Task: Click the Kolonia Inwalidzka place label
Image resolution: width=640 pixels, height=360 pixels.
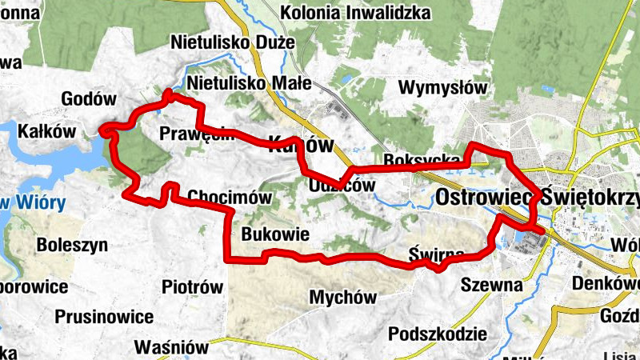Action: pyautogui.click(x=356, y=14)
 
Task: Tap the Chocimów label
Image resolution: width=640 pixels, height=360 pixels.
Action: pyautogui.click(x=230, y=197)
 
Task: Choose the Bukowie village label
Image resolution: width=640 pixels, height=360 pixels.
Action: pyautogui.click(x=276, y=234)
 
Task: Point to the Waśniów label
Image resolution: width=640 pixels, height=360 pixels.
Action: pyautogui.click(x=171, y=347)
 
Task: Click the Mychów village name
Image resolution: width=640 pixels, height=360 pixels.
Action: pyautogui.click(x=342, y=298)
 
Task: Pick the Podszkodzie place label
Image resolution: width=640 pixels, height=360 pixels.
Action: pyautogui.click(x=437, y=334)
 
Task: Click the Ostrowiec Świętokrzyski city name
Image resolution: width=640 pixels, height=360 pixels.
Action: pyautogui.click(x=538, y=198)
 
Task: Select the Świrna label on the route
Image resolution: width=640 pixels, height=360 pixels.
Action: pyautogui.click(x=436, y=254)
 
